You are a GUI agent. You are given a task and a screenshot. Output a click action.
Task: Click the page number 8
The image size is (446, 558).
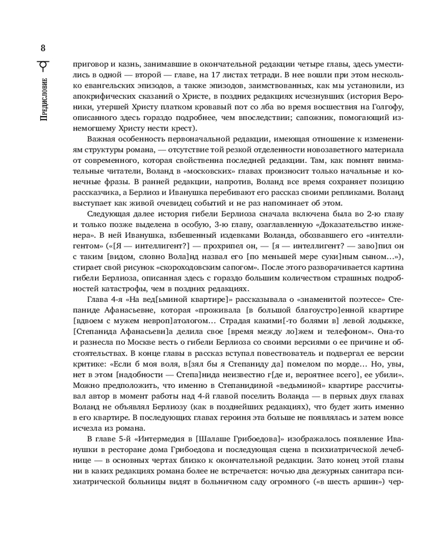point(43,47)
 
